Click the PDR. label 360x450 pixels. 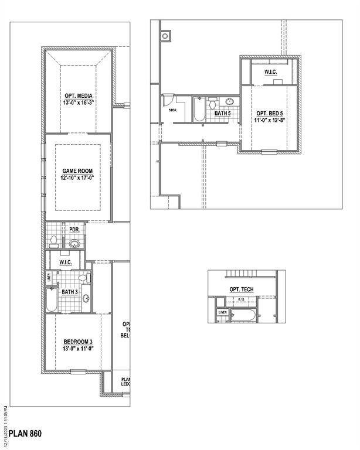[x=74, y=230]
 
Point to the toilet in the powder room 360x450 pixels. [x=54, y=241]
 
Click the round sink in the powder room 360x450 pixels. [x=74, y=243]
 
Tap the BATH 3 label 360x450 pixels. [x=70, y=291]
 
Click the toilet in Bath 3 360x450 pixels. [x=89, y=277]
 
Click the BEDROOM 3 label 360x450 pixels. [x=79, y=342]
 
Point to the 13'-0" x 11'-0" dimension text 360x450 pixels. [x=79, y=349]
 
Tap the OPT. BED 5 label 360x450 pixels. [x=270, y=113]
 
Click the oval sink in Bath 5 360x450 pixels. [x=230, y=101]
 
